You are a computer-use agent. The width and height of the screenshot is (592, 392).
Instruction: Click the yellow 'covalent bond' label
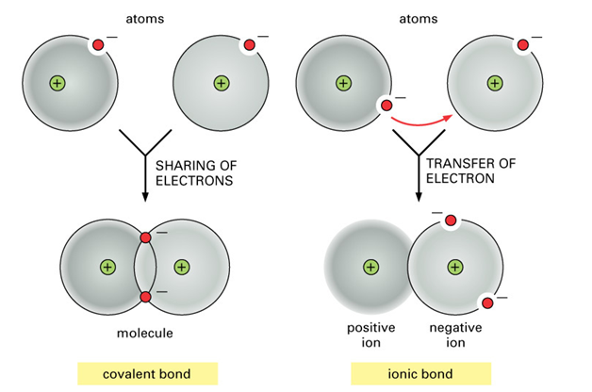(147, 374)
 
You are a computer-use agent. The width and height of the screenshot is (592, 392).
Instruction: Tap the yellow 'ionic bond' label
(420, 374)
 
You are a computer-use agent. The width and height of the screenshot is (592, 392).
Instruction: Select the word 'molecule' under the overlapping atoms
(145, 334)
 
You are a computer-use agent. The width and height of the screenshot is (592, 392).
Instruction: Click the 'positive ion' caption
(370, 335)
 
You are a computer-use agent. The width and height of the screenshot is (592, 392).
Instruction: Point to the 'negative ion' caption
(455, 335)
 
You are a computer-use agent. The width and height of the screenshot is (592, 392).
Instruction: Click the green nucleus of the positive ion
(370, 267)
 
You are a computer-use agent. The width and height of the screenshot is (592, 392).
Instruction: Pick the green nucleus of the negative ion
(455, 267)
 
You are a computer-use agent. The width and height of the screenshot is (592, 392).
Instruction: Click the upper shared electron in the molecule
(145, 237)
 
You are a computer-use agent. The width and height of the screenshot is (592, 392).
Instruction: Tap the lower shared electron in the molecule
(145, 297)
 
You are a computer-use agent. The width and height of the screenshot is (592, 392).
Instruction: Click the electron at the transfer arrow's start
(386, 106)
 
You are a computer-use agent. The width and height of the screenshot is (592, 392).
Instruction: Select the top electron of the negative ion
(451, 220)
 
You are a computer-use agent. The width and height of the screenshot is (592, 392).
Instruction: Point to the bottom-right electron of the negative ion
(487, 303)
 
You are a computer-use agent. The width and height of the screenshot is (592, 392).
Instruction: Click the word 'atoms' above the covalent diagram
(145, 19)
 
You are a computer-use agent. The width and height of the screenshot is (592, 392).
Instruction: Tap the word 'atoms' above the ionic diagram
(419, 19)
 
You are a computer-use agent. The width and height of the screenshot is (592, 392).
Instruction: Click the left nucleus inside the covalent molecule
(107, 267)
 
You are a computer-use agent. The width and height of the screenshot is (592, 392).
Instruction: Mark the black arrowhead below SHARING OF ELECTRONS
(145, 197)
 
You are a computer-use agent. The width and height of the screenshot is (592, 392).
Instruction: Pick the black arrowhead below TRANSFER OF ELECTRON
(419, 197)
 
